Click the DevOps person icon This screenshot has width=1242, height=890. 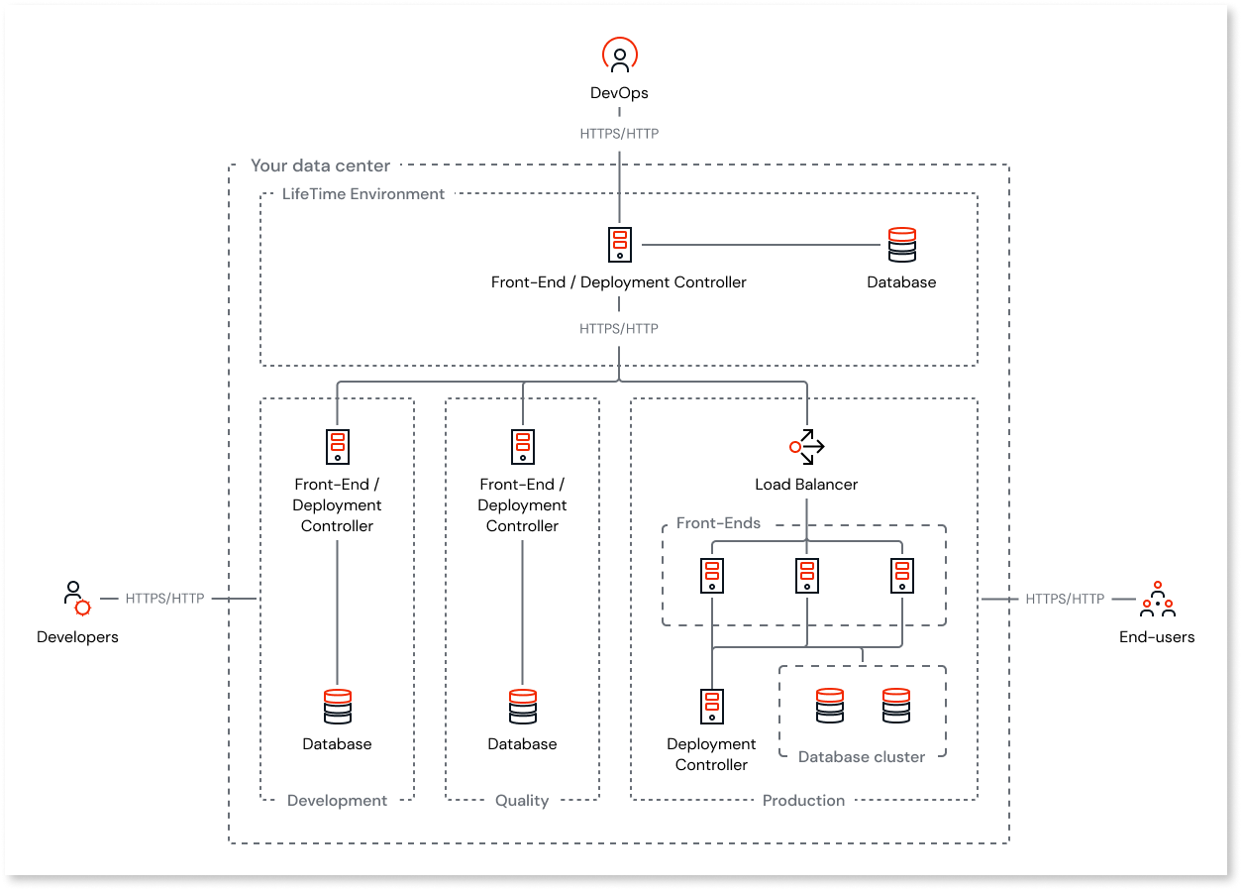point(619,56)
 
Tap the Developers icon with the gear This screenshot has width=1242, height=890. point(76,599)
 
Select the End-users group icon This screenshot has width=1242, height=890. point(1156,599)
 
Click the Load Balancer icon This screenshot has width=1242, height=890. point(806,447)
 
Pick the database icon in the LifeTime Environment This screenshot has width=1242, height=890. point(901,245)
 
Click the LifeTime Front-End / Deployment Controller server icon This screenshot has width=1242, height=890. point(619,244)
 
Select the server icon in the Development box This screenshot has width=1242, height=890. point(337,447)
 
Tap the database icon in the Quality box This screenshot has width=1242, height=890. point(522,707)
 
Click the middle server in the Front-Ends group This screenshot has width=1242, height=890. point(806,576)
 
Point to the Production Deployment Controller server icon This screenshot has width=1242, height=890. point(711,707)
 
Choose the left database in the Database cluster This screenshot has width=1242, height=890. point(829,706)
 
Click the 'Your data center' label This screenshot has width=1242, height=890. point(320,167)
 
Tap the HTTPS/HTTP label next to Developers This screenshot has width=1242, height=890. point(164,599)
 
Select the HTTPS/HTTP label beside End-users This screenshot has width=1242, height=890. point(1065,599)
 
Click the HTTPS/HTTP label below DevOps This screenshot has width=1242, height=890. point(619,133)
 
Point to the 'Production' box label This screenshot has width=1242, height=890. point(803,800)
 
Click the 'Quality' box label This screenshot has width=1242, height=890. point(522,800)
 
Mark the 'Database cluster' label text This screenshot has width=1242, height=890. point(861,756)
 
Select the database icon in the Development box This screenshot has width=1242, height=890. point(337,707)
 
